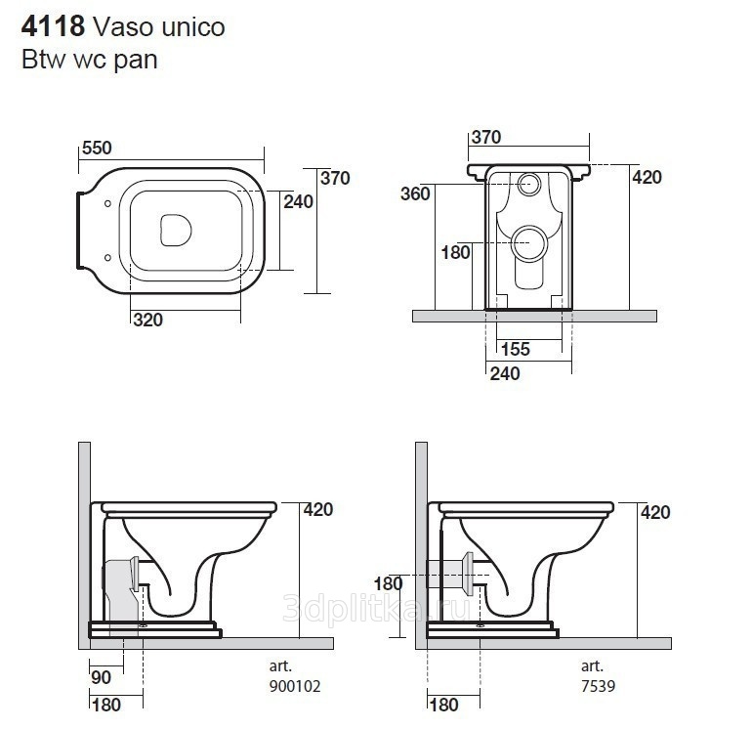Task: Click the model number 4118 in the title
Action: click(54, 26)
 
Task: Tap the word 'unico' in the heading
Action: click(193, 27)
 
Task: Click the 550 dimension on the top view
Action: click(97, 148)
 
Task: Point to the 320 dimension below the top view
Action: click(148, 320)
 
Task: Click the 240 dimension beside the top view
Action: click(298, 201)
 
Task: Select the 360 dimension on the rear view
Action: click(415, 193)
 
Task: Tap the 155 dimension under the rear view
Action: click(516, 349)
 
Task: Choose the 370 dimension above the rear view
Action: click(486, 137)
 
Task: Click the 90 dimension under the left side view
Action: click(102, 677)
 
